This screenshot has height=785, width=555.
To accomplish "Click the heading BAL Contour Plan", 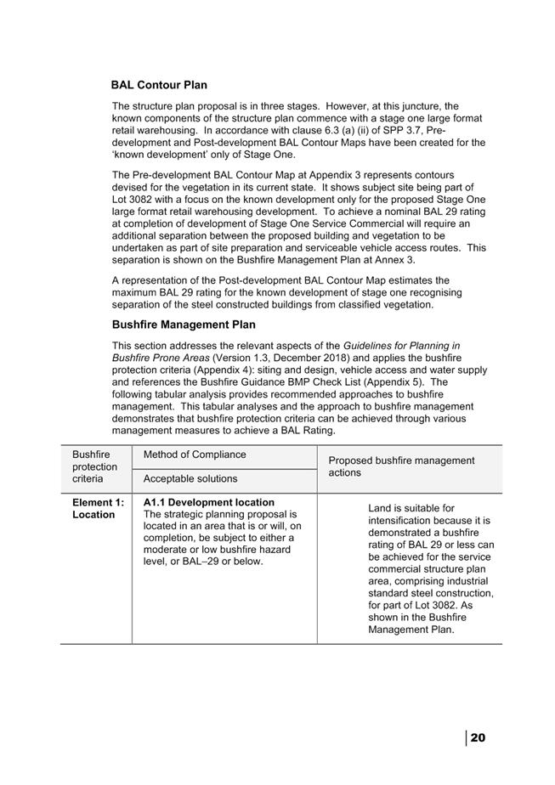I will (159, 85).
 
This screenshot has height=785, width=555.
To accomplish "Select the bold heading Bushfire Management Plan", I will (184, 325).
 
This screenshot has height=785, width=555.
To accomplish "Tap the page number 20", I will (478, 737).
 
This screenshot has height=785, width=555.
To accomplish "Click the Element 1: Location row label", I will (98, 508).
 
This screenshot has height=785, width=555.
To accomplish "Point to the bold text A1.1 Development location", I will (209, 502).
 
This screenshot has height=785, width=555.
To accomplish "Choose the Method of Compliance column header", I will (195, 455).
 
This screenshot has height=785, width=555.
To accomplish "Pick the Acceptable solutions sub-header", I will (190, 479).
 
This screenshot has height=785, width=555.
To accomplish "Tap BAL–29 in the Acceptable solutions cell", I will (203, 562).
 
